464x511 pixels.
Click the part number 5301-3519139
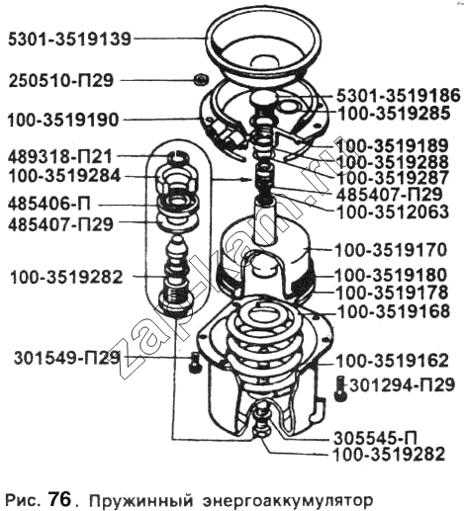point(69,40)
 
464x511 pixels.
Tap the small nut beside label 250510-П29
point(201,80)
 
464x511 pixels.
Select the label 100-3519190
point(63,120)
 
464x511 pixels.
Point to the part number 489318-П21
point(60,157)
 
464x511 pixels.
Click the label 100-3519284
point(64,176)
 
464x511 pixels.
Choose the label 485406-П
point(49,205)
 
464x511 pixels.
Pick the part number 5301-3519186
point(398,96)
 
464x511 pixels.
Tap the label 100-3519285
point(394,114)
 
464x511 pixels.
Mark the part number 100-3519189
point(392,145)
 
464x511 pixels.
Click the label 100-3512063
point(393,212)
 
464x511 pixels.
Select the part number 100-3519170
point(391,250)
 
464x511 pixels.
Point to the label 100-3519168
point(395,311)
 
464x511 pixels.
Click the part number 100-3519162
point(392,361)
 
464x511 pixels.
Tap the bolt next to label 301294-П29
point(340,389)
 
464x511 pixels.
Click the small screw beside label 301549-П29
point(194,362)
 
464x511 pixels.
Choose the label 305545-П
point(375,438)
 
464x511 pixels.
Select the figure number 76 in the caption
point(60,499)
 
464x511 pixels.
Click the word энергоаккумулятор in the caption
point(288,501)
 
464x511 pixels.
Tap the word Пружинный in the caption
point(141,500)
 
